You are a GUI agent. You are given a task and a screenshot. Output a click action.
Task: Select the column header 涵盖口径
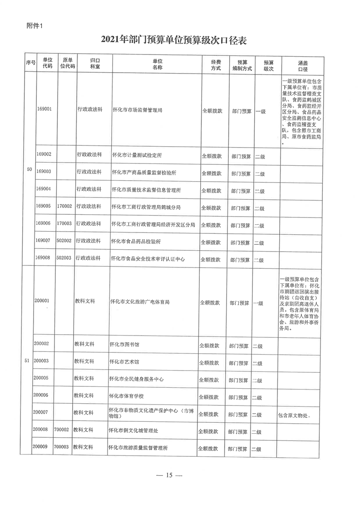tap(302, 64)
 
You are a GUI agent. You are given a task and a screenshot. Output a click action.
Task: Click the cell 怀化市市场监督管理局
tap(137, 110)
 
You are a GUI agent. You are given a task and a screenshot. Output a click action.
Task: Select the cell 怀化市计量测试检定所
tap(137, 155)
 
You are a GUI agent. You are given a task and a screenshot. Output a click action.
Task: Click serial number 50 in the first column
tap(30, 169)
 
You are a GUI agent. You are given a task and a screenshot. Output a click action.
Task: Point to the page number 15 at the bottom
tap(169, 475)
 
